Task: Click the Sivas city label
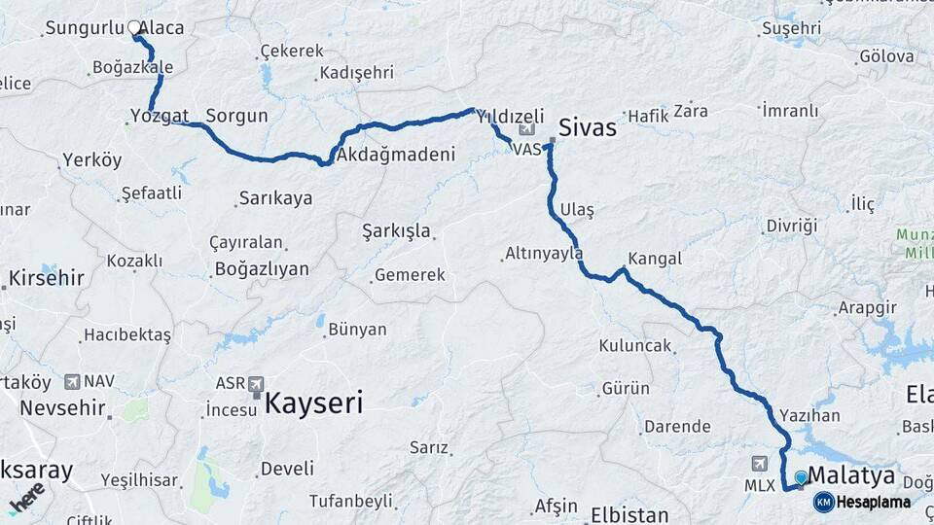(x=588, y=126)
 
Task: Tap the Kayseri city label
(x=313, y=402)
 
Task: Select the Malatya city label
(x=851, y=475)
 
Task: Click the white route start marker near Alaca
(x=134, y=28)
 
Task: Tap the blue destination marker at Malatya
(x=801, y=477)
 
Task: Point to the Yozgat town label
(x=160, y=117)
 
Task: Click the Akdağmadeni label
(x=394, y=155)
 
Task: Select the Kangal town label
(x=655, y=260)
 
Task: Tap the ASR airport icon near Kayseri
(x=256, y=383)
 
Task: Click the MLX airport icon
(x=760, y=466)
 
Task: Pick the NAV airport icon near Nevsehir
(x=72, y=382)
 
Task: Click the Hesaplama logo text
(x=873, y=503)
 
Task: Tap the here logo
(x=26, y=498)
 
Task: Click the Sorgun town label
(x=236, y=116)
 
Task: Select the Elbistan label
(x=629, y=513)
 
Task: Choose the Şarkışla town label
(x=396, y=231)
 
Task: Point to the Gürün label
(x=626, y=389)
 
